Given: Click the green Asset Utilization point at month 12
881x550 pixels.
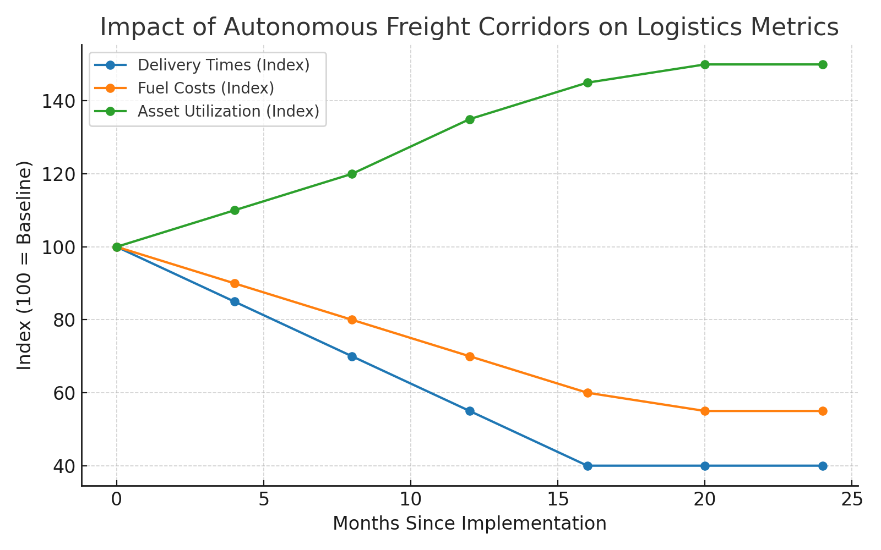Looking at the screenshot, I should pyautogui.click(x=470, y=119).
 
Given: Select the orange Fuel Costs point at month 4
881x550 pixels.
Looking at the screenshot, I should pyautogui.click(x=235, y=283).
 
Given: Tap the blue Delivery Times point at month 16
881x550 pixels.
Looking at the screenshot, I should pyautogui.click(x=588, y=466).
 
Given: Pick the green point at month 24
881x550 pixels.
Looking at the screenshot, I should pyautogui.click(x=823, y=64).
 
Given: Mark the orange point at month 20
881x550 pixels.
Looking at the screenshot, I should pyautogui.click(x=705, y=411).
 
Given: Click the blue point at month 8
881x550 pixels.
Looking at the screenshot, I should pyautogui.click(x=352, y=356).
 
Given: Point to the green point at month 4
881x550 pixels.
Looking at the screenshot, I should pyautogui.click(x=235, y=210).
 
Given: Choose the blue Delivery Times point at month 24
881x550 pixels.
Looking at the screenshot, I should pyautogui.click(x=823, y=466).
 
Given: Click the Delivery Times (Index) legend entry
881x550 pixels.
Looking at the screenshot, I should pyautogui.click(x=223, y=65).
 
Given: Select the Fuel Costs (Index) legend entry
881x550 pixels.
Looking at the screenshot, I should pyautogui.click(x=205, y=88).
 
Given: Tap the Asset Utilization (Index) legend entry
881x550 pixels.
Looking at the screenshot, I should pyautogui.click(x=228, y=111).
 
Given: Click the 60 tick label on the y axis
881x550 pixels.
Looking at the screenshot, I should pyautogui.click(x=64, y=393).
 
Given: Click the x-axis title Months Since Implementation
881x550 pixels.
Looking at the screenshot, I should pyautogui.click(x=469, y=524).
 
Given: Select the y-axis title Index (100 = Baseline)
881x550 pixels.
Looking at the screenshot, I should pyautogui.click(x=24, y=265).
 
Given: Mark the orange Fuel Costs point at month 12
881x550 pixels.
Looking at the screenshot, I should pyautogui.click(x=470, y=356).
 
